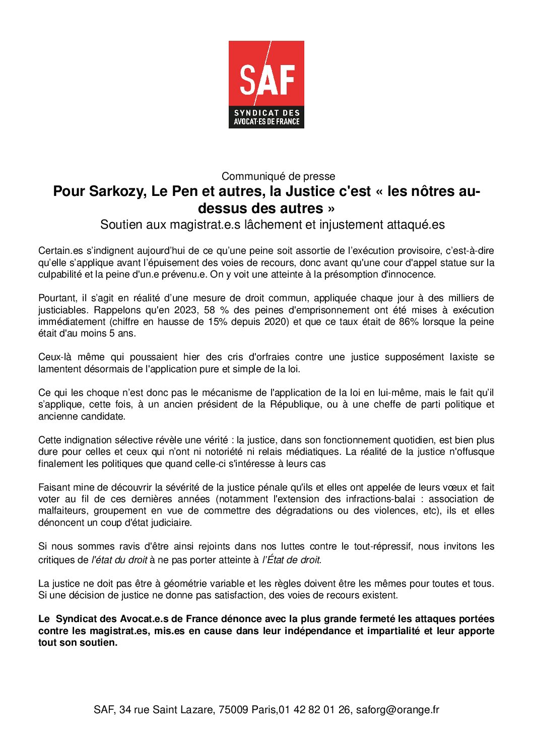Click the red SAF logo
[266, 84]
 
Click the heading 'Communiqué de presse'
[278, 176]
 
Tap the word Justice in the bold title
[307, 192]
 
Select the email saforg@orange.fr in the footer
[397, 710]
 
